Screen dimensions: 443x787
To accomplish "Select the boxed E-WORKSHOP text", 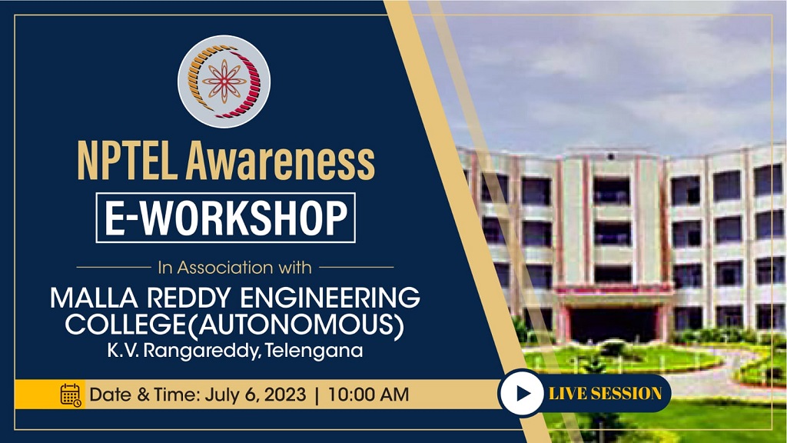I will tap(225, 218).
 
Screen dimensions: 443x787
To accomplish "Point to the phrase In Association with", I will tap(234, 268).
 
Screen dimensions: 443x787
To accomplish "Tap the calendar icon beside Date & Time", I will tap(71, 395).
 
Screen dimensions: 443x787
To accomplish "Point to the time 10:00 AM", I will tap(368, 395).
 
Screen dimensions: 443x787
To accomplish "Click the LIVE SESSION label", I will tap(605, 394).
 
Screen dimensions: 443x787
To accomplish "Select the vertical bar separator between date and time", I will tap(317, 395).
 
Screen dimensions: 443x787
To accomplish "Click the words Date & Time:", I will tap(145, 395).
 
